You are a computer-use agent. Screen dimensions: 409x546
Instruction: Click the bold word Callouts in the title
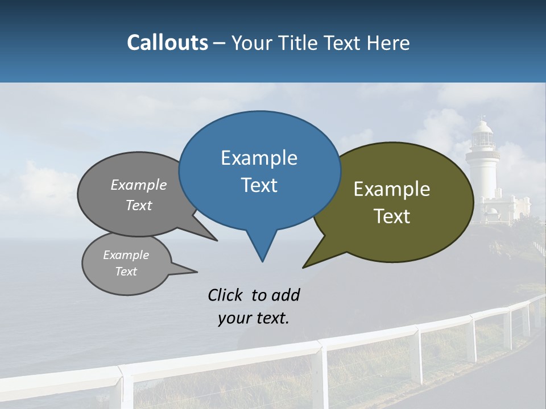pyautogui.click(x=167, y=43)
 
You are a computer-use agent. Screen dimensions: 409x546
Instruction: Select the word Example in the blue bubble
pyautogui.click(x=259, y=158)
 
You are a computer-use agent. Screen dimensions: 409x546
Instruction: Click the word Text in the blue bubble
pyautogui.click(x=259, y=185)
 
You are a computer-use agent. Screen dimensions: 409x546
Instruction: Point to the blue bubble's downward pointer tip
pyautogui.click(x=262, y=261)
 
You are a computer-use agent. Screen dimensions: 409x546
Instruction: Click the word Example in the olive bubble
pyautogui.click(x=392, y=189)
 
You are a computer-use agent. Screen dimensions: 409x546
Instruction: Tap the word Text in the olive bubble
pyautogui.click(x=392, y=216)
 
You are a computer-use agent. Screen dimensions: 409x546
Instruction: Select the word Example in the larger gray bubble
pyautogui.click(x=139, y=185)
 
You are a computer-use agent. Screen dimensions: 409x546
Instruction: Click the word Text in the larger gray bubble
pyautogui.click(x=139, y=205)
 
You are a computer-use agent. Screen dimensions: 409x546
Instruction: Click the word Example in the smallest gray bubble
pyautogui.click(x=126, y=255)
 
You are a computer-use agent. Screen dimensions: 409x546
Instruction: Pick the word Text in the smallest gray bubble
pyautogui.click(x=126, y=272)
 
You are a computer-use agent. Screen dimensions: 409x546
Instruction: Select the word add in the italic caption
pyautogui.click(x=286, y=295)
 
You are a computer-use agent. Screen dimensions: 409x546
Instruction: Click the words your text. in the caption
pyautogui.click(x=254, y=319)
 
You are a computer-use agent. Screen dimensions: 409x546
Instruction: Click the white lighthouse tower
pyautogui.click(x=482, y=176)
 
